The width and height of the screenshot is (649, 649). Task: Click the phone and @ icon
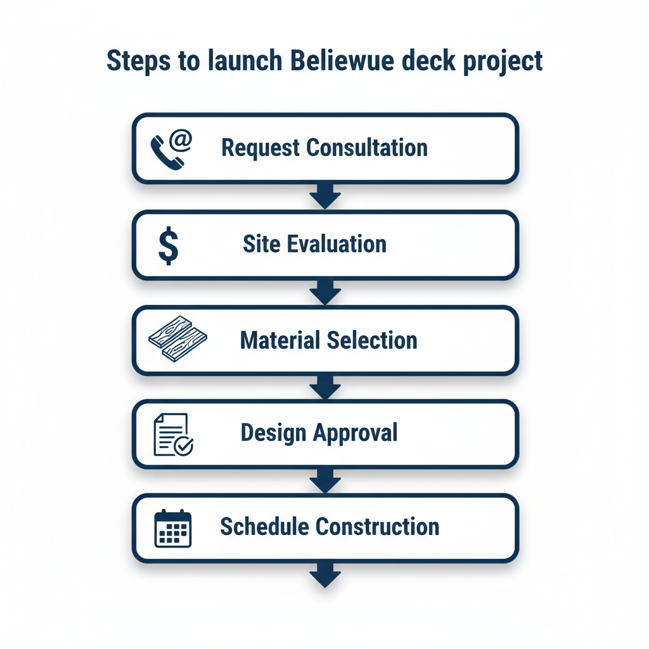click(x=170, y=150)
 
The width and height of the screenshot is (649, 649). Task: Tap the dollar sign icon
click(x=168, y=246)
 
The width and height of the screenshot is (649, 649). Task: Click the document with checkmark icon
click(x=173, y=434)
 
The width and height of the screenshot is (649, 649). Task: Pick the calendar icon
click(x=173, y=528)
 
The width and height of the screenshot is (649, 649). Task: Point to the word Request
click(x=260, y=148)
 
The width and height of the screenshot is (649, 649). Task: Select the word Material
click(x=280, y=340)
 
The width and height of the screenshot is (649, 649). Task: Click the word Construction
click(x=377, y=527)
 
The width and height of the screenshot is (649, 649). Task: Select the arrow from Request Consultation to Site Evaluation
click(x=325, y=196)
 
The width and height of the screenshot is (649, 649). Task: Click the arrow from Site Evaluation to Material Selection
click(x=325, y=292)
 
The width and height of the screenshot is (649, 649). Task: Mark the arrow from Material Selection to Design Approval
click(x=325, y=388)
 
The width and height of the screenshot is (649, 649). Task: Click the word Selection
click(x=372, y=340)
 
